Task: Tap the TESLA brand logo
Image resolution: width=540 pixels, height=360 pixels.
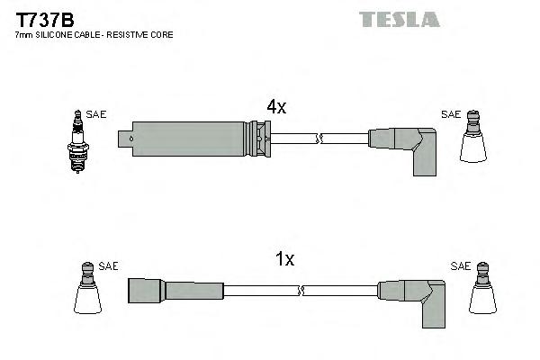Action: click(x=399, y=19)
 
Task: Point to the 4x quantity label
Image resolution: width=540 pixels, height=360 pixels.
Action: click(x=275, y=107)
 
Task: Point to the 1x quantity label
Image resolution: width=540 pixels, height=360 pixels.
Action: click(x=284, y=259)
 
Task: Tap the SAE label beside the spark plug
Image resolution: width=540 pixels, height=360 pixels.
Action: click(x=96, y=114)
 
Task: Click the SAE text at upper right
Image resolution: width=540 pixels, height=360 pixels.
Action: click(x=451, y=114)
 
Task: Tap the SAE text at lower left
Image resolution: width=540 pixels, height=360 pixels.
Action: click(x=108, y=265)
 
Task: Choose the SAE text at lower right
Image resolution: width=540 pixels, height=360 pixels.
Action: click(x=461, y=265)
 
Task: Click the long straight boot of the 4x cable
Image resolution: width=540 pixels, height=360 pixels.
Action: click(x=189, y=139)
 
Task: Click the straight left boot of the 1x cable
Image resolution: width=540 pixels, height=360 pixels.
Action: click(x=175, y=290)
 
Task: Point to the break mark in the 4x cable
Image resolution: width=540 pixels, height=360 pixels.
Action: click(x=319, y=139)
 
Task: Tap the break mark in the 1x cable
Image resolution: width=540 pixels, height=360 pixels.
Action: click(x=301, y=290)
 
